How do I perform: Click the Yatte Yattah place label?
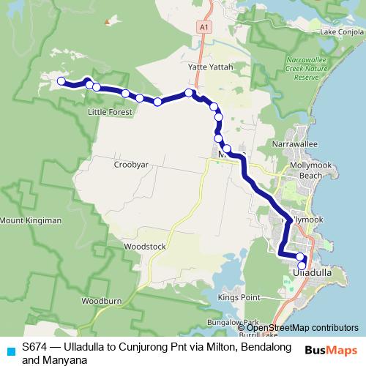pyautogui.click(x=212, y=67)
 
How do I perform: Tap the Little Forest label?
pyautogui.click(x=110, y=112)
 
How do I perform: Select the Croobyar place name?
pyautogui.click(x=131, y=165)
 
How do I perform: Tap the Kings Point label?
pyautogui.click(x=239, y=298)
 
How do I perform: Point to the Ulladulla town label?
pyautogui.click(x=313, y=272)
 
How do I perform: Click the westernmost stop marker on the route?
pyautogui.click(x=61, y=81)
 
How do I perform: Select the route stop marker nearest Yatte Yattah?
pyautogui.click(x=189, y=93)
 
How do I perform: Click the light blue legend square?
pyautogui.click(x=10, y=351)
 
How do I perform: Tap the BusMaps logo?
pyautogui.click(x=331, y=350)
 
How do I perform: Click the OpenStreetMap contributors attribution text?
pyautogui.click(x=302, y=328)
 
